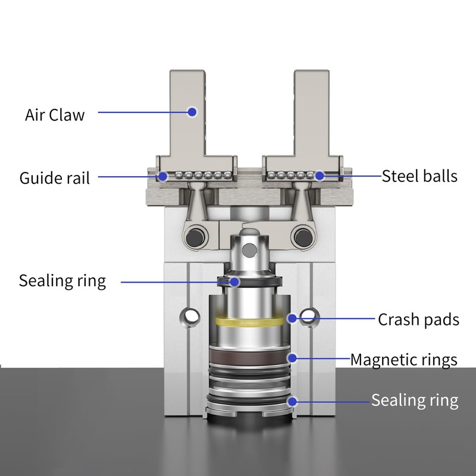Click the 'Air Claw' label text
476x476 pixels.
(x=55, y=114)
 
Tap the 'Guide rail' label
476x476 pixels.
(x=55, y=178)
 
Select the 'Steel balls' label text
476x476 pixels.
(x=419, y=176)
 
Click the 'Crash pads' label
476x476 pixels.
(x=418, y=320)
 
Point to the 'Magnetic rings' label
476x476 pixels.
(x=403, y=359)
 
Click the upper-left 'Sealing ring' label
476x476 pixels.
(x=62, y=280)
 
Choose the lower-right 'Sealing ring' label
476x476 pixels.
(x=415, y=400)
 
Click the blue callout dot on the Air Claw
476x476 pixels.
(x=192, y=111)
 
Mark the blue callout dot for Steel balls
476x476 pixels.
(x=320, y=176)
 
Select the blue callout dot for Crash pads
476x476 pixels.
(x=292, y=318)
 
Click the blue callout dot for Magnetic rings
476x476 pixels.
(x=292, y=358)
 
